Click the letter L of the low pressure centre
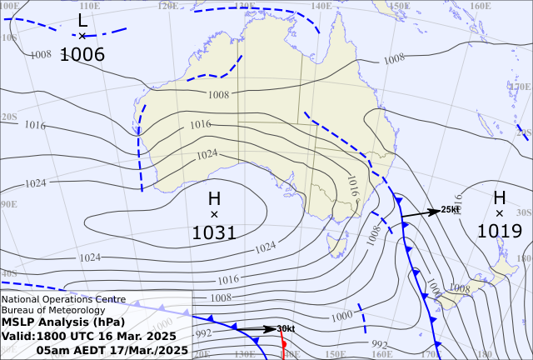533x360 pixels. [x=82, y=19]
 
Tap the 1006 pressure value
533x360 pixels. [x=82, y=55]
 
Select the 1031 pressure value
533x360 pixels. [x=214, y=232]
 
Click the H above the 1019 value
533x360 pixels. [x=499, y=197]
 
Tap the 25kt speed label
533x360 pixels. [x=451, y=209]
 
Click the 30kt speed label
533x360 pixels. [x=286, y=328]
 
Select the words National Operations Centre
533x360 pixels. [x=63, y=299]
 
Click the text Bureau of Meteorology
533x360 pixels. [x=53, y=311]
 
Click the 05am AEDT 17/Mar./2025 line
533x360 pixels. [x=112, y=350]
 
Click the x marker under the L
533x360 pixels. [x=82, y=36]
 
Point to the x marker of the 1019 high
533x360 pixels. [x=499, y=213]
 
